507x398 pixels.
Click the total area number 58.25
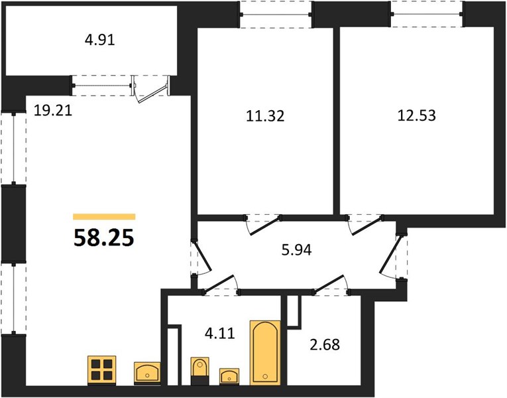[104, 238]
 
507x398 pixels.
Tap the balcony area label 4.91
[100, 40]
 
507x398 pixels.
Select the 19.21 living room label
[53, 111]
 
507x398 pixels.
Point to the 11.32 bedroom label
[265, 116]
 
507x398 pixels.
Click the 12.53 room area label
[416, 115]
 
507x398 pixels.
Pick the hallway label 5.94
[296, 250]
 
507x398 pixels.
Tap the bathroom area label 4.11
[220, 333]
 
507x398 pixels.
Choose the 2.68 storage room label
[325, 345]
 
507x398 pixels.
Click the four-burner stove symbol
[102, 370]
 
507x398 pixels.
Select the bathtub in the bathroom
[265, 353]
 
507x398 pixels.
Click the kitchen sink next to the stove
[147, 373]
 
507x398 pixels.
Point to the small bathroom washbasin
[229, 377]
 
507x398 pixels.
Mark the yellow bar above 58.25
[104, 217]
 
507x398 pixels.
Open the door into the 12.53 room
[365, 225]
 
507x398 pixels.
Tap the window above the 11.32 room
[276, 15]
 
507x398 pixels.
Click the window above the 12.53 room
[427, 14]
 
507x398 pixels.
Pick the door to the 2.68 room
[331, 285]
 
